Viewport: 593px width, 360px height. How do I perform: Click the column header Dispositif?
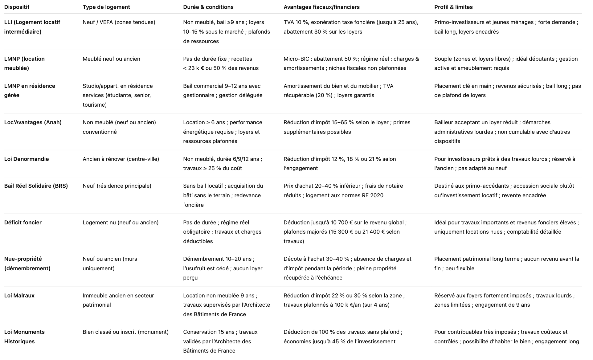17,7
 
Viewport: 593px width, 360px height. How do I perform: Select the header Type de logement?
106,7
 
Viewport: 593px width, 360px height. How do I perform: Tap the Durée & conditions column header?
208,7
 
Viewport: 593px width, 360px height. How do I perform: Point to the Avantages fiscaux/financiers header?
321,7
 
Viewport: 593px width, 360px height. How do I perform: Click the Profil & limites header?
453,7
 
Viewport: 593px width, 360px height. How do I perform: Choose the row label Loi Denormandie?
27,159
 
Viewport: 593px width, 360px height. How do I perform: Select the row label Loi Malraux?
19,296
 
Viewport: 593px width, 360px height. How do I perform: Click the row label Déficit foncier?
23,223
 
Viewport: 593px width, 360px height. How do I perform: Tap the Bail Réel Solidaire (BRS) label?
36,186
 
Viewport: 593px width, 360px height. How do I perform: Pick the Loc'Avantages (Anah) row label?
33,122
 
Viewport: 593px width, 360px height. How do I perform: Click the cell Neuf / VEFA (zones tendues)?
119,22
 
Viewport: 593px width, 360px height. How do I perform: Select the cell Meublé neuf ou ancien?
111,59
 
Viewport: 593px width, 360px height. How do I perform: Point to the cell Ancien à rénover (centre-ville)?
121,159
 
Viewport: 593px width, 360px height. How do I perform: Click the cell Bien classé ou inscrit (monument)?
125,332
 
